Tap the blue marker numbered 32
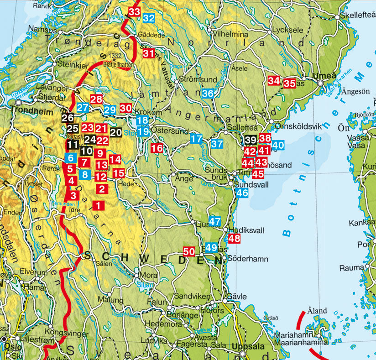[x=149, y=18]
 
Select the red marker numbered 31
[x=149, y=53]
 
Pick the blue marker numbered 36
[x=208, y=94]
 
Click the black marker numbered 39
[x=250, y=140]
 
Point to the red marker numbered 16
[x=157, y=148]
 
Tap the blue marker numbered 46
[x=242, y=193]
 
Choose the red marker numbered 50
[x=189, y=251]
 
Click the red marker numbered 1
[x=98, y=205]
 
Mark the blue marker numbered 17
[x=196, y=139]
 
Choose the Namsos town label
[x=43, y=31]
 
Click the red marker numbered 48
[x=234, y=238]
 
